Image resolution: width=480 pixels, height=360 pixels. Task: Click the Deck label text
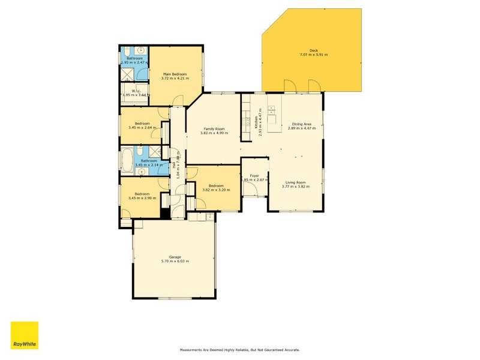coord(313,50)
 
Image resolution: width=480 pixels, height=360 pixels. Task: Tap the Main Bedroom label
coord(175,74)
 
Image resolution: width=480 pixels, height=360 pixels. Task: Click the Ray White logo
coord(25,335)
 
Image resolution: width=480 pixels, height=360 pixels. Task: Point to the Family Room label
coord(214,129)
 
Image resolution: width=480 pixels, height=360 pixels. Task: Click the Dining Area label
coord(301,124)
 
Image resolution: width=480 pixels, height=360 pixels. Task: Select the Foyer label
coord(254,175)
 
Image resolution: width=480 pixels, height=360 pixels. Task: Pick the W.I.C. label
coord(136,91)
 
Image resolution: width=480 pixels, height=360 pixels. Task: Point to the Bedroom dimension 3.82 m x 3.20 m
coord(217,190)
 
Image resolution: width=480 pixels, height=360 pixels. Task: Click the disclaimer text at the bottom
coord(240,349)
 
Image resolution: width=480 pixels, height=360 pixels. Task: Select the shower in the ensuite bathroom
coord(127,74)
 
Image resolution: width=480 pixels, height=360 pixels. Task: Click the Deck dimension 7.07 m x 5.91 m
coord(313,55)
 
